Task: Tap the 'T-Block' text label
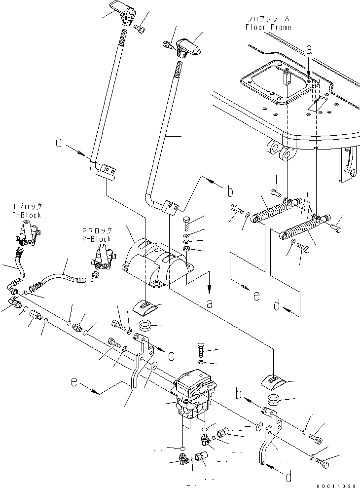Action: [27, 215]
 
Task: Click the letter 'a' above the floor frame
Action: [309, 50]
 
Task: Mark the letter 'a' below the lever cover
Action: [210, 304]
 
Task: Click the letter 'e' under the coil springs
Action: [255, 296]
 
